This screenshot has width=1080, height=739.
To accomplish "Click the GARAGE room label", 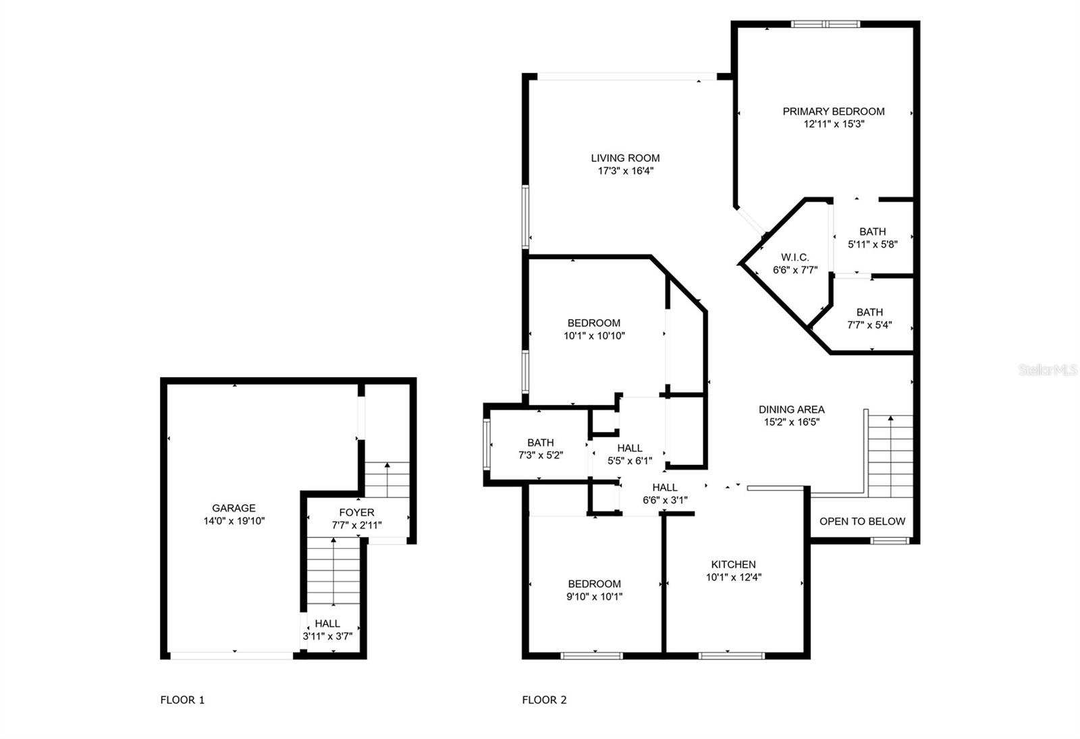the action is [x=234, y=508].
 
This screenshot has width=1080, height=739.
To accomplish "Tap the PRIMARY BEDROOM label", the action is [x=834, y=111].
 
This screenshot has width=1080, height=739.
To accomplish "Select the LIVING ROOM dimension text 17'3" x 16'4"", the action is [x=625, y=171].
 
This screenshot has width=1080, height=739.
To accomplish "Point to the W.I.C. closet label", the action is [x=795, y=257].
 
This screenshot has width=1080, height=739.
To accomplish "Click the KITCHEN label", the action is [x=733, y=564].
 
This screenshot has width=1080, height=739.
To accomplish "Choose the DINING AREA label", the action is [x=792, y=410].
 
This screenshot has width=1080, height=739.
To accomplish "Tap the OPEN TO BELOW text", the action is [x=863, y=521].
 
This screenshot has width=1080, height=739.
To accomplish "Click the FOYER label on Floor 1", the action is [x=357, y=512].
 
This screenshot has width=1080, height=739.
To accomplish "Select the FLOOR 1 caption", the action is [x=182, y=700].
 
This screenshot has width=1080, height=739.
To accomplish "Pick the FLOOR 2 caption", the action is [x=544, y=700].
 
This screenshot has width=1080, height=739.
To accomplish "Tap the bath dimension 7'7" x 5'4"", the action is [x=870, y=325].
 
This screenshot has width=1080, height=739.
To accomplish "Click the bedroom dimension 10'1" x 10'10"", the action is [x=594, y=336].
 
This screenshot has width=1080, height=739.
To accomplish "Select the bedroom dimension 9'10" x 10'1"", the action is [x=594, y=597].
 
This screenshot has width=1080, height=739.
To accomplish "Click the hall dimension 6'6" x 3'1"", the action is [x=665, y=500].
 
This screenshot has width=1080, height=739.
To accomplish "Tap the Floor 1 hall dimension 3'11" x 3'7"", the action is [x=327, y=636].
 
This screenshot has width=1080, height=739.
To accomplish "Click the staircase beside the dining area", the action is [x=890, y=456].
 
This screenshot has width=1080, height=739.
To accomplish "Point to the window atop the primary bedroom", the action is [x=826, y=24].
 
